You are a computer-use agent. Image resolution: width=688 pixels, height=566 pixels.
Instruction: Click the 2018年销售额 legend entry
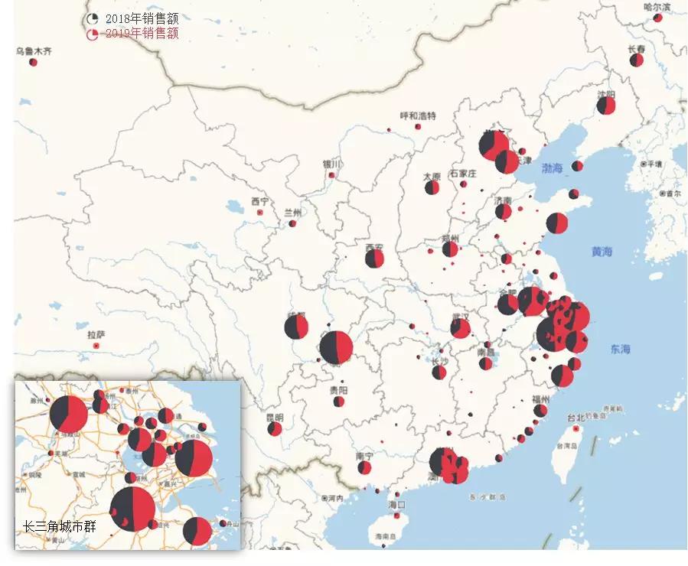(135, 18)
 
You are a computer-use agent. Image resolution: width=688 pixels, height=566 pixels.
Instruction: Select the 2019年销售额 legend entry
(135, 34)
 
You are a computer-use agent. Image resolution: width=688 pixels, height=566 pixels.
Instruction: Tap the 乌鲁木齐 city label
(34, 51)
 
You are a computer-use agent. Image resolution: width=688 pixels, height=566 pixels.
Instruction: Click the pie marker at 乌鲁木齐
(34, 62)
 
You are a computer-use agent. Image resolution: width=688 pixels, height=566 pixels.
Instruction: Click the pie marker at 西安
(374, 259)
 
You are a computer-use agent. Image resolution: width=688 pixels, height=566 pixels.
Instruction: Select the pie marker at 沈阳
(606, 105)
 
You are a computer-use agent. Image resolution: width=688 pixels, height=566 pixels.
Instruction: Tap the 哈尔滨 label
(657, 7)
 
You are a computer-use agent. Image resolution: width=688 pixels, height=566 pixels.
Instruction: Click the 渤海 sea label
(552, 167)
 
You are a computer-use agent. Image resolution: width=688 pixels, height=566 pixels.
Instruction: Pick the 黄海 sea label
(602, 251)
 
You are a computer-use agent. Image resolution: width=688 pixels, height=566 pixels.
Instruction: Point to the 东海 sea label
(621, 350)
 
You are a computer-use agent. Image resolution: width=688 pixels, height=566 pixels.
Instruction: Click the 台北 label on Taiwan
(575, 418)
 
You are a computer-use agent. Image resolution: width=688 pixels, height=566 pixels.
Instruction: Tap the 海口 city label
(396, 505)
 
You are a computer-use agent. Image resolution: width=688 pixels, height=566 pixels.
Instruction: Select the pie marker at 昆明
(275, 429)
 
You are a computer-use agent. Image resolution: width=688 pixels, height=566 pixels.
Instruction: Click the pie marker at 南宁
(364, 467)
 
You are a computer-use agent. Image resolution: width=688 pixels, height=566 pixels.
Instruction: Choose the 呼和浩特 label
(418, 116)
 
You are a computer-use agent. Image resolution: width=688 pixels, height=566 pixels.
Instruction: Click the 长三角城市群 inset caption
(60, 527)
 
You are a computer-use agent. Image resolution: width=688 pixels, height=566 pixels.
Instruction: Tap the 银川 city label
(331, 164)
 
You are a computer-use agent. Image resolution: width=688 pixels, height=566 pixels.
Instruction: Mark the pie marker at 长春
(637, 60)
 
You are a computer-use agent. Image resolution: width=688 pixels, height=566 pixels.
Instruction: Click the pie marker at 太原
(432, 187)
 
